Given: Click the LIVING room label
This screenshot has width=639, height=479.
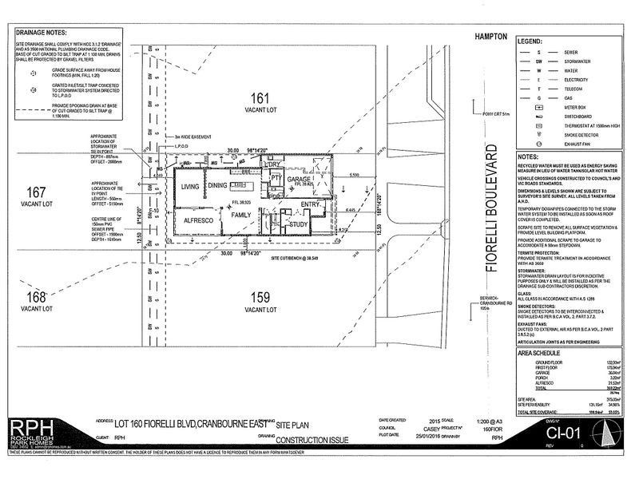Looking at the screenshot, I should pyautogui.click(x=189, y=186).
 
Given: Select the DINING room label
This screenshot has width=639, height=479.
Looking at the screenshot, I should pyautogui.click(x=219, y=186).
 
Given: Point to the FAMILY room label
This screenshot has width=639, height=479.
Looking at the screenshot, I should pyautogui.click(x=240, y=216).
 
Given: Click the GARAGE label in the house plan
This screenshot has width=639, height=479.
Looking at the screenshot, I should pyautogui.click(x=299, y=180).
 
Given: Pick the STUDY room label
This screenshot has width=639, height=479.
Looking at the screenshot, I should pyautogui.click(x=299, y=224).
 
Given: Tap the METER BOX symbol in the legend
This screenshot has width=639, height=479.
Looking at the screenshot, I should pyautogui.click(x=538, y=106).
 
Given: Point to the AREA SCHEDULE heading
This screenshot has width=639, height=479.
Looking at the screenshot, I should pyautogui.click(x=541, y=352).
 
